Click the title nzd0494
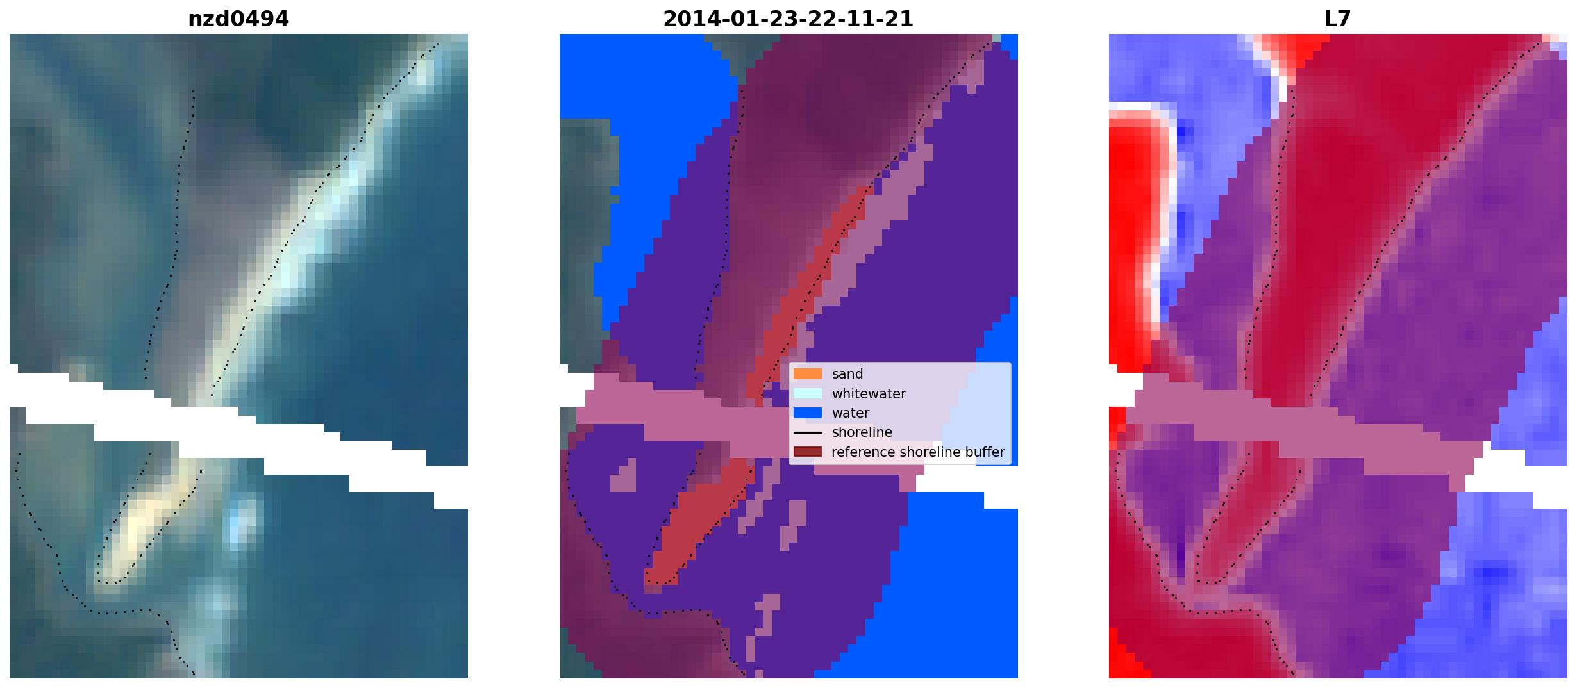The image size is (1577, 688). tap(238, 19)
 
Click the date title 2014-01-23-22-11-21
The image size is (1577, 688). tap(788, 19)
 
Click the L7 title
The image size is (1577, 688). tap(1337, 19)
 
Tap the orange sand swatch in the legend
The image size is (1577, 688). tap(808, 374)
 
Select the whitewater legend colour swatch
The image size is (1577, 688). tap(808, 393)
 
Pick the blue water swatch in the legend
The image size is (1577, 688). tap(808, 413)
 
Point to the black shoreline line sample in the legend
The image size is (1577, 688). tap(808, 433)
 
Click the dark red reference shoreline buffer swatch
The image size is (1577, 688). tap(808, 452)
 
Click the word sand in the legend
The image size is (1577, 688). tap(847, 374)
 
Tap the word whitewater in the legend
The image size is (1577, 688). tap(869, 393)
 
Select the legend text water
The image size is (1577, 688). tap(851, 413)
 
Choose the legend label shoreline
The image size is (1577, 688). tap(862, 432)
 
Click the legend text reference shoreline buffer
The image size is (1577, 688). tap(918, 452)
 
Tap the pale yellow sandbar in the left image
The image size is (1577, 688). tap(145, 519)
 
